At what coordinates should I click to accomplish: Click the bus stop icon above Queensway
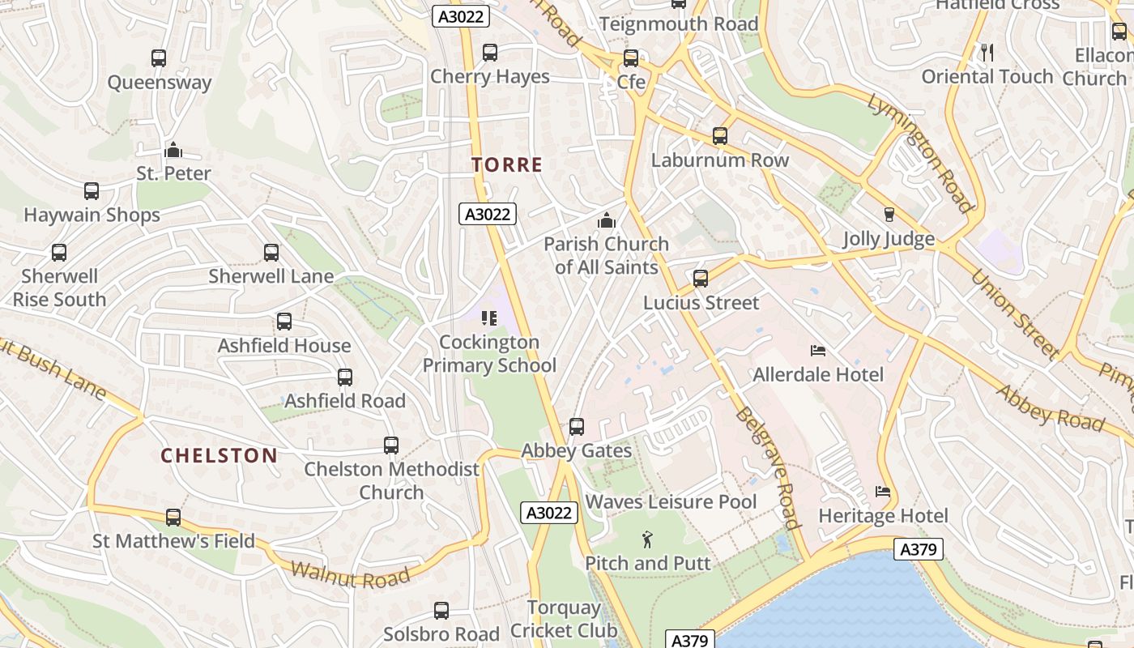[x=159, y=58]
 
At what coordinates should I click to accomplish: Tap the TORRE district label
[x=507, y=165]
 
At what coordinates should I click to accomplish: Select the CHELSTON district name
[x=219, y=455]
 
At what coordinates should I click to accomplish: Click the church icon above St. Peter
[x=173, y=150]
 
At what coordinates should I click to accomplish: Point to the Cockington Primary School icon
[x=488, y=318]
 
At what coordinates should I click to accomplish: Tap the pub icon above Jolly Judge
[x=889, y=215]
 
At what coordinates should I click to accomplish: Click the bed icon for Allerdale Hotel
[x=818, y=351]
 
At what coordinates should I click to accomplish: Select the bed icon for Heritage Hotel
[x=883, y=492]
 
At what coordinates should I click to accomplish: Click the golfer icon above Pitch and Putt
[x=647, y=539]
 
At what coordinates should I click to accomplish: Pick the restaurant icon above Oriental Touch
[x=987, y=53]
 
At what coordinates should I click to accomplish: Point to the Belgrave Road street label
[x=767, y=467]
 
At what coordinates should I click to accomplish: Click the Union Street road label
[x=1015, y=313]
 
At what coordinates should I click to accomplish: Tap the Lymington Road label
[x=919, y=152]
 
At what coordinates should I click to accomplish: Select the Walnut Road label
[x=350, y=574]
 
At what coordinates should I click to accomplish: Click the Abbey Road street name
[x=1050, y=407]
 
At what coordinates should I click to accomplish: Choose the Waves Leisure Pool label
[x=671, y=502]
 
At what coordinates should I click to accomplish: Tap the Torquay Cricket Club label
[x=564, y=619]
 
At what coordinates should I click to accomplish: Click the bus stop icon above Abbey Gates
[x=577, y=426]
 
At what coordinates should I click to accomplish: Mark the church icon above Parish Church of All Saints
[x=606, y=220]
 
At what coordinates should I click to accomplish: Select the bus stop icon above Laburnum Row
[x=720, y=136]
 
